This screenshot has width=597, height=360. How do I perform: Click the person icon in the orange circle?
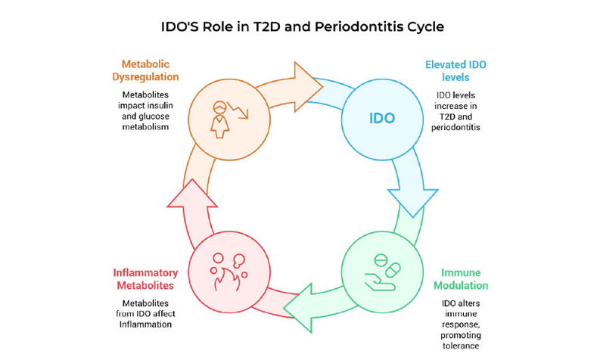[219, 117]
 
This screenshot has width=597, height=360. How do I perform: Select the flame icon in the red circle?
[224, 282]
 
